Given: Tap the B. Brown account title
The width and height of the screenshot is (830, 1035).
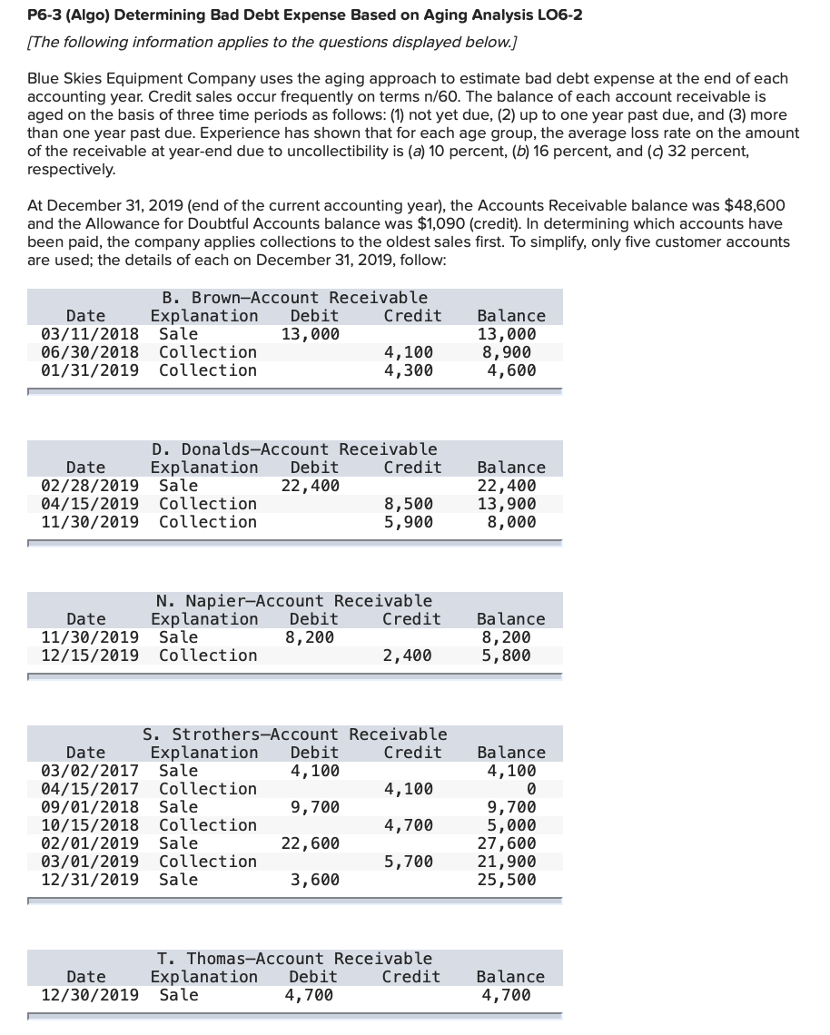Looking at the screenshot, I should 294,298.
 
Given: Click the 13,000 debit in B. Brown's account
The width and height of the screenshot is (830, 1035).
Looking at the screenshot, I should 311,334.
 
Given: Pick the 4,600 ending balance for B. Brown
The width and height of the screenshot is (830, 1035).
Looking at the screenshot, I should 511,370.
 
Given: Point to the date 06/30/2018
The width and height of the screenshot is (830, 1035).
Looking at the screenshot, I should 91,352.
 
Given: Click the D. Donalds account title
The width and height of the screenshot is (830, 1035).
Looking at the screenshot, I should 294,449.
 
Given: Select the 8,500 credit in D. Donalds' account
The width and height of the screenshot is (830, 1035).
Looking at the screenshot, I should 409,504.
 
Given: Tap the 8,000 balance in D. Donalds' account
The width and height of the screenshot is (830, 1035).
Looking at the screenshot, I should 511,522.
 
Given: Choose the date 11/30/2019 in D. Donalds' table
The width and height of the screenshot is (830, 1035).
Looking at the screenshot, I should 91,522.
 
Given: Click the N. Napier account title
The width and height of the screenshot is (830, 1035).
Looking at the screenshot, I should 294,601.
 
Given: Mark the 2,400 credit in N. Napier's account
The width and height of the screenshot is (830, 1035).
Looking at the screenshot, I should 409,655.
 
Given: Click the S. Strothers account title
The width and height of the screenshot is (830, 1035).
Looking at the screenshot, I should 294,734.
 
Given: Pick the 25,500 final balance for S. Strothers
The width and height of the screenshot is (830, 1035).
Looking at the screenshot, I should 507,880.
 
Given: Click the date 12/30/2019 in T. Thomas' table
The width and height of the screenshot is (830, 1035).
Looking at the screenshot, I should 91,995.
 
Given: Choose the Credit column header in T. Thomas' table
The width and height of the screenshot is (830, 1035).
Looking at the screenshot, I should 411,977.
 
